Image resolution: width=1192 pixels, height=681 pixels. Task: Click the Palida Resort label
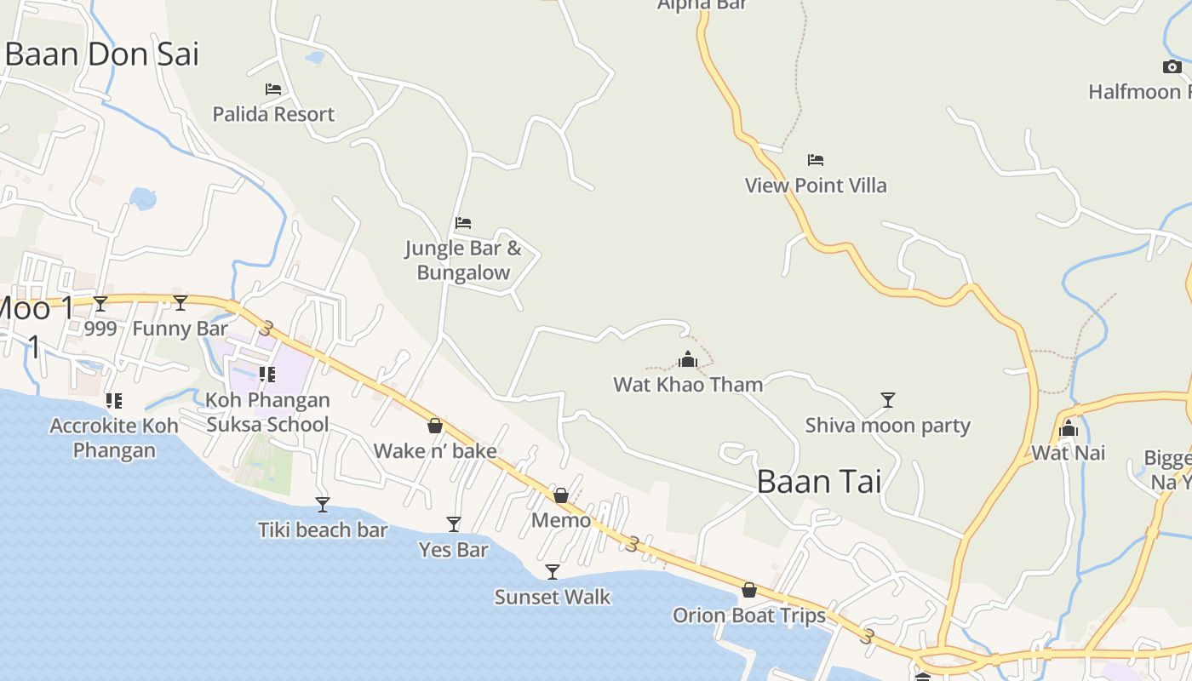[273, 114]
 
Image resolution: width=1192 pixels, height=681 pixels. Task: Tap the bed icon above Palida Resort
[273, 89]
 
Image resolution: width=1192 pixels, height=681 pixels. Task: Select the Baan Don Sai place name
[101, 54]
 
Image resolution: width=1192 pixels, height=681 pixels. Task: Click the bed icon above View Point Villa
[816, 159]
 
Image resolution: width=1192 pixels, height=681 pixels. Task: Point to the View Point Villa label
[816, 186]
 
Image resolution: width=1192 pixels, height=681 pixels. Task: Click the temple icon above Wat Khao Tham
[688, 359]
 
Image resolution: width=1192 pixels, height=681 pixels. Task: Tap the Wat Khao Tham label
[688, 385]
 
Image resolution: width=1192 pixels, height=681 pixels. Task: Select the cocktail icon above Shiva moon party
[888, 399]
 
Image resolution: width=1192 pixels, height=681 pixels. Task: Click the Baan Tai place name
[818, 482]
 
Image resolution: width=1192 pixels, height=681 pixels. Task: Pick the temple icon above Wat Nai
[1069, 428]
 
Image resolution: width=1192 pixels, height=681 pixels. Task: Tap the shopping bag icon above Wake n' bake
[435, 426]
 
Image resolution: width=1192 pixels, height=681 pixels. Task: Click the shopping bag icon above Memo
[561, 495]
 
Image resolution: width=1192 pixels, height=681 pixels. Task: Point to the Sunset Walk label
[553, 598]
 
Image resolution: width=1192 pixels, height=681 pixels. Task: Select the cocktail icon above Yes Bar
[454, 524]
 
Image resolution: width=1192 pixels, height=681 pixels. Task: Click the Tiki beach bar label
[323, 530]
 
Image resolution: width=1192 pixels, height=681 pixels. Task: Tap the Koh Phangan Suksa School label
[267, 412]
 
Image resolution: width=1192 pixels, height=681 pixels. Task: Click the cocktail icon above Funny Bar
[181, 302]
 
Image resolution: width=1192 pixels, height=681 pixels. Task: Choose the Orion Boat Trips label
[749, 615]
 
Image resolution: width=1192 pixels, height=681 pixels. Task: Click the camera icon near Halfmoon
[1172, 66]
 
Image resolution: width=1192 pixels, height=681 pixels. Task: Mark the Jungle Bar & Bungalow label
[463, 260]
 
